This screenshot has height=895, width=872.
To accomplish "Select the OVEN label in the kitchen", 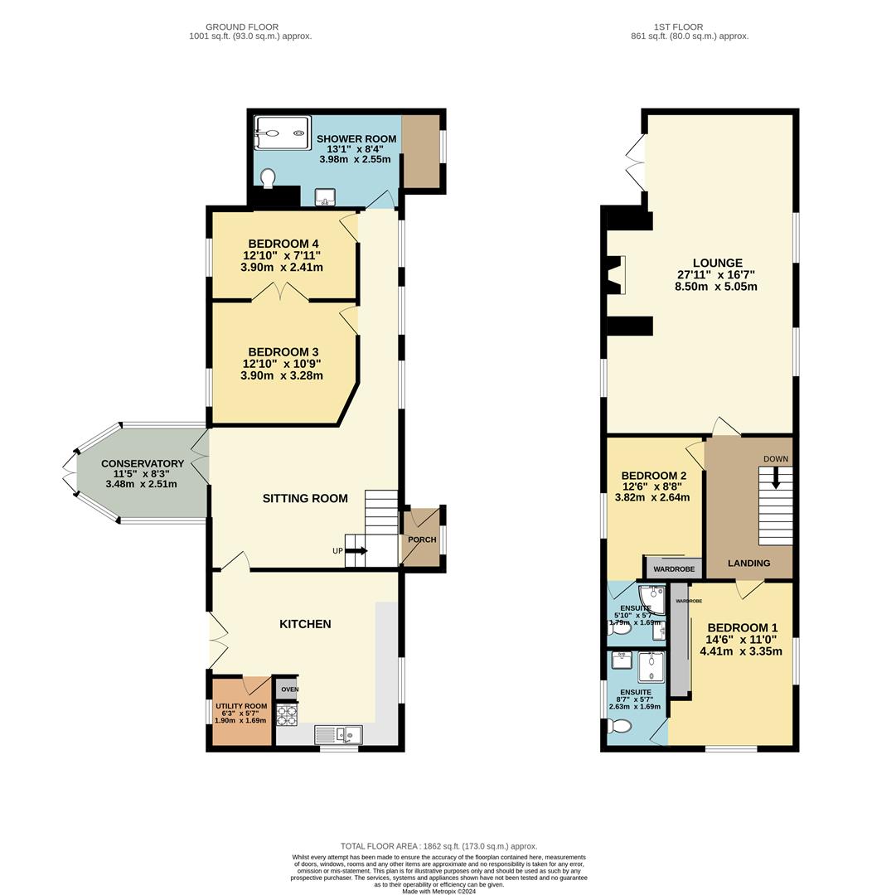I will coord(288,689).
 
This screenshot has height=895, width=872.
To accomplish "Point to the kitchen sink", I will coord(338,733).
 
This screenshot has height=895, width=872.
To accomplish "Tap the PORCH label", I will coord(422,540).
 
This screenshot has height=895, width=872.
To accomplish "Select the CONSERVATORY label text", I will coord(143,464).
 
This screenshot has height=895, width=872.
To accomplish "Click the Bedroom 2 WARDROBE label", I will coord(674,569).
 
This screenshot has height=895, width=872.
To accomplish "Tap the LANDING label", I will coord(748,564).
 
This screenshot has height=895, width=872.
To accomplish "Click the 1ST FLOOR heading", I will coord(690,27).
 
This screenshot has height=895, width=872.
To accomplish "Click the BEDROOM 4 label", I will coord(281,244).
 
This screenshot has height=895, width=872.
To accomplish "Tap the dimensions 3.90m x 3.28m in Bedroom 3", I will coord(281,375).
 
